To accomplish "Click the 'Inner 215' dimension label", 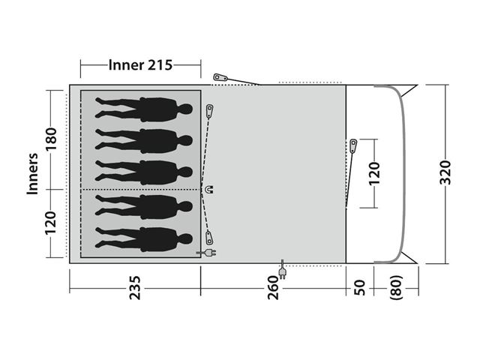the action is [140, 65].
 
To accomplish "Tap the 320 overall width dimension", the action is [445, 172].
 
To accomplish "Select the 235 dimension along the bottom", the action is [135, 288].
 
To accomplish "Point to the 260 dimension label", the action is [273, 288].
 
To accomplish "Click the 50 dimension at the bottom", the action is [359, 288].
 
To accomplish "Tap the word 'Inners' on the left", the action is [32, 173].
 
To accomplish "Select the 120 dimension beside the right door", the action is [373, 173].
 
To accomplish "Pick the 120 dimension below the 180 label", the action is [51, 223].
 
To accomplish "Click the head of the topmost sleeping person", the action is [186, 109].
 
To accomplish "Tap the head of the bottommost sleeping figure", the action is [186, 238].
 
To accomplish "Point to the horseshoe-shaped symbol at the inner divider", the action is [209, 190].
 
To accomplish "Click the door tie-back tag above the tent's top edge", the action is [220, 76].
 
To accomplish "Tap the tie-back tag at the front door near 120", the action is [353, 147].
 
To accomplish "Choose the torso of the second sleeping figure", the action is [158, 141].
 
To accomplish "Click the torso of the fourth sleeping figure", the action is [158, 207].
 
